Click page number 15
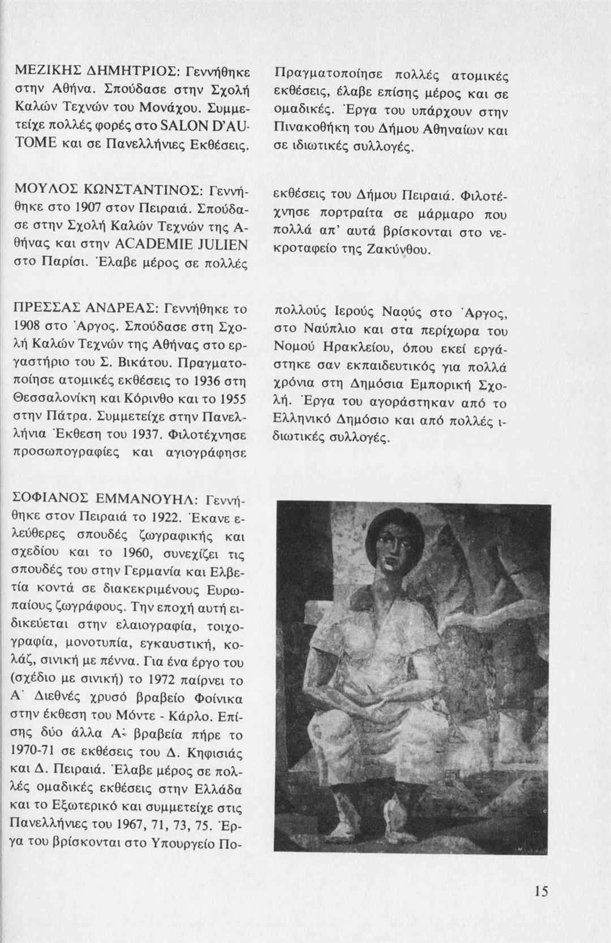coord(540,892)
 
